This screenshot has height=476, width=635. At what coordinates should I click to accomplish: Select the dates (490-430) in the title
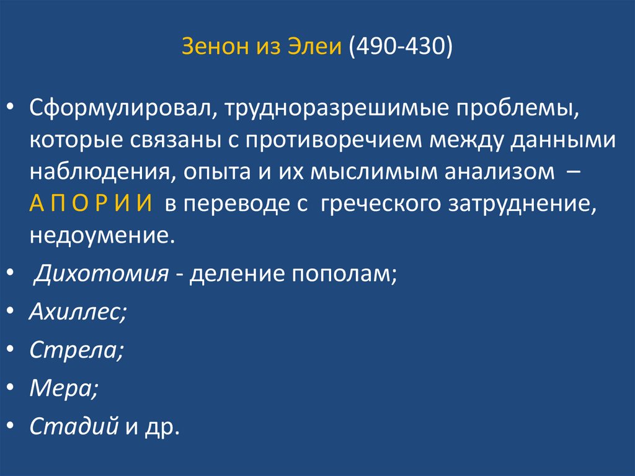(401, 48)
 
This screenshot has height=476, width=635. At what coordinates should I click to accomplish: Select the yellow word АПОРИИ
(91, 204)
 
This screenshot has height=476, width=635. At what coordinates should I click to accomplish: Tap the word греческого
(384, 204)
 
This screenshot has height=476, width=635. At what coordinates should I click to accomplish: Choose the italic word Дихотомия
(100, 272)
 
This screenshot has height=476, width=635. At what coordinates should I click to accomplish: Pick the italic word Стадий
(74, 426)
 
